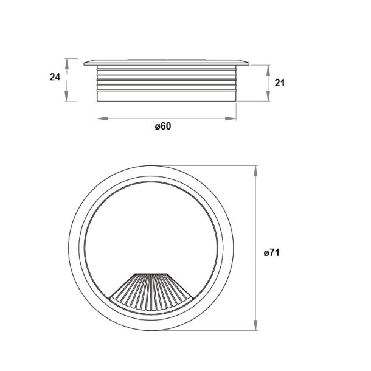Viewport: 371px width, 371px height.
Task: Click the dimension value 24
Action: click(55, 77)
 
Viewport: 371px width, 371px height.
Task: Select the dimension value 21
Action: click(280, 83)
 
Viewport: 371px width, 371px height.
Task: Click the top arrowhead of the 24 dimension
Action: click(68, 61)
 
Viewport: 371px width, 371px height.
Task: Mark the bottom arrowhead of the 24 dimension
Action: click(68, 99)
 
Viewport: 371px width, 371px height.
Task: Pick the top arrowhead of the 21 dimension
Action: click(268, 66)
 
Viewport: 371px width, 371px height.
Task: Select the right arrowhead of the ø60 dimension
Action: click(235, 118)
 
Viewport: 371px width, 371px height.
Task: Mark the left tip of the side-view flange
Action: click(85, 61)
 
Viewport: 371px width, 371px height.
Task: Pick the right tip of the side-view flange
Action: click(249, 61)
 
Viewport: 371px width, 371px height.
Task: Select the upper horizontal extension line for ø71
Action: click(213, 165)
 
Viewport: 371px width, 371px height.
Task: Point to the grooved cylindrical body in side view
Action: click(167, 82)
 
